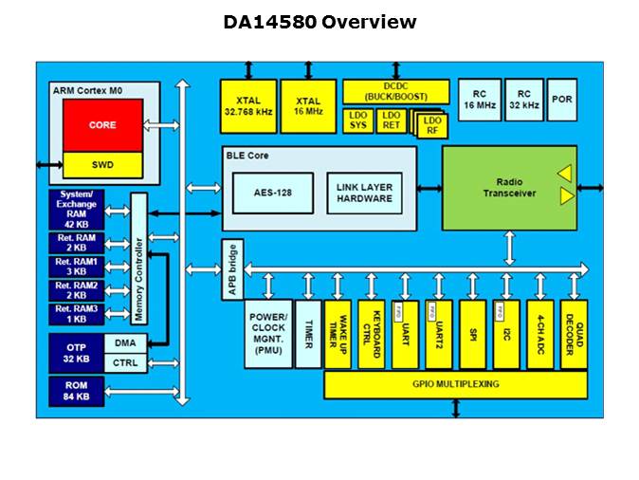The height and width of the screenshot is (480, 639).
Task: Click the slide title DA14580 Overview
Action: pos(319,22)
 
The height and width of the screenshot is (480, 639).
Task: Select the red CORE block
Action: pos(102,125)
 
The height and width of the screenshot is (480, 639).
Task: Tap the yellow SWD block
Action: pos(102,164)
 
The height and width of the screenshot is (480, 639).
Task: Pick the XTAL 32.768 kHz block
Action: pos(247,105)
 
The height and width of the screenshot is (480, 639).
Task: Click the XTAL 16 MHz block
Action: pos(307,105)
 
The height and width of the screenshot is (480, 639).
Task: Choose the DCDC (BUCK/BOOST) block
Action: pos(395,91)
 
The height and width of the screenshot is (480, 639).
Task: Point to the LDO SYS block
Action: pos(357,120)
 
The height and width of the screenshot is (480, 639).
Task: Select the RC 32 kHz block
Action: pos(523,100)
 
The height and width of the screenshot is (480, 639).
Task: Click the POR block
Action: pos(561,100)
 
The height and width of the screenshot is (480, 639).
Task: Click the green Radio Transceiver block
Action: pos(508,187)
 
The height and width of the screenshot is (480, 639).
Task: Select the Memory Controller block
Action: pos(137,258)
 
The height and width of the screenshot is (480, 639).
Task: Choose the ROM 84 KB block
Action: pos(75,390)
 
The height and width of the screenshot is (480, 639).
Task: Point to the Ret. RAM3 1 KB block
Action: pos(76,314)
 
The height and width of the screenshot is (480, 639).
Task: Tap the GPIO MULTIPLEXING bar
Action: pos(455,384)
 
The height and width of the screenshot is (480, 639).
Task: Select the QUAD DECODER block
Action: pos(573,334)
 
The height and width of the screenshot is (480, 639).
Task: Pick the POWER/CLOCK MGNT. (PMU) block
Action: pos(267,334)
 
